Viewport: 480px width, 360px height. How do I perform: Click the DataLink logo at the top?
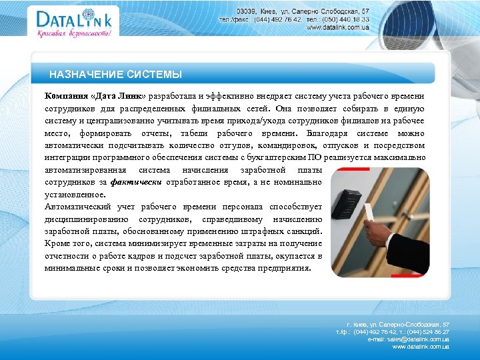pyautogui.click(x=65, y=19)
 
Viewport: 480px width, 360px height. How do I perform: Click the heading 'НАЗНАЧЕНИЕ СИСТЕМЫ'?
pyautogui.click(x=115, y=75)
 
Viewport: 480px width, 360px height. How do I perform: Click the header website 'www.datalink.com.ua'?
pyautogui.click(x=338, y=27)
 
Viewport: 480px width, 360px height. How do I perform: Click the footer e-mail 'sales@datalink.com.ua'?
pyautogui.click(x=408, y=339)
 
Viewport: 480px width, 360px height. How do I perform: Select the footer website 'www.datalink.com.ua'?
pyautogui.click(x=421, y=347)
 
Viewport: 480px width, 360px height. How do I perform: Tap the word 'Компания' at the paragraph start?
pyautogui.click(x=65, y=95)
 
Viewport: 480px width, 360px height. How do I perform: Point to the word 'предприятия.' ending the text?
pyautogui.click(x=284, y=268)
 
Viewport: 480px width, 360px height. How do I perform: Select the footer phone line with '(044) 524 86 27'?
pyautogui.click(x=393, y=331)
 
